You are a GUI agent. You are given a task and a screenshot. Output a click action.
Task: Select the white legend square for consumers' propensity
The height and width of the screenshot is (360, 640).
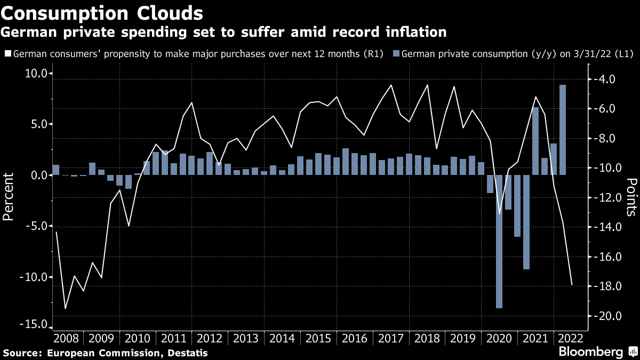pos(7,54)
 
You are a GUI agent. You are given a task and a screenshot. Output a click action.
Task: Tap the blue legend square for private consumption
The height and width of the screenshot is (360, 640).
pos(395,54)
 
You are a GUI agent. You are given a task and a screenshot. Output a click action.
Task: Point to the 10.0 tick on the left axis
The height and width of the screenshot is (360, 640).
pos(36,74)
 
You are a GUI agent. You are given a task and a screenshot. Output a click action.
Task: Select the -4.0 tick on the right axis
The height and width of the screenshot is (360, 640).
pos(603,79)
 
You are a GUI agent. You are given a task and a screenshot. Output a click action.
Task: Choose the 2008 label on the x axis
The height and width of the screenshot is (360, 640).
pos(66,339)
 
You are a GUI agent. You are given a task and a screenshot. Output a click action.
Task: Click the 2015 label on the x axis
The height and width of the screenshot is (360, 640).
pos(319,339)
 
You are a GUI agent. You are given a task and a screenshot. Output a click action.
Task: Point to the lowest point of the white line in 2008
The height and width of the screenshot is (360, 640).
pos(65,308)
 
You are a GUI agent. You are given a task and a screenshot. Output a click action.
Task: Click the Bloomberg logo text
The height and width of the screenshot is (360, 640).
pos(590,352)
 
